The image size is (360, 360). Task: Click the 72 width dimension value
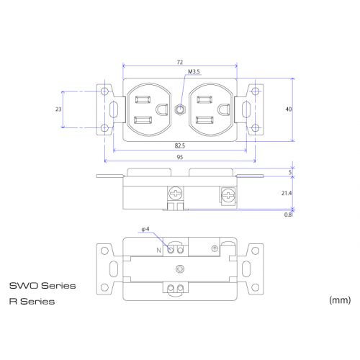[180, 63]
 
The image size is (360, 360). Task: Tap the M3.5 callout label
[194, 72]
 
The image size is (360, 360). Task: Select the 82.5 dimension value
[180, 145]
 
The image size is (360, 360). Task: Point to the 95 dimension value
[180, 157]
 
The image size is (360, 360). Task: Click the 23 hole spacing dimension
[58, 109]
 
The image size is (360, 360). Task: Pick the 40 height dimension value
[289, 109]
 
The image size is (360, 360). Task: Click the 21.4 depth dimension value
[287, 193]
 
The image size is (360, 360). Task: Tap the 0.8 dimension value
[288, 215]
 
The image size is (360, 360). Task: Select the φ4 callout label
[145, 229]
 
